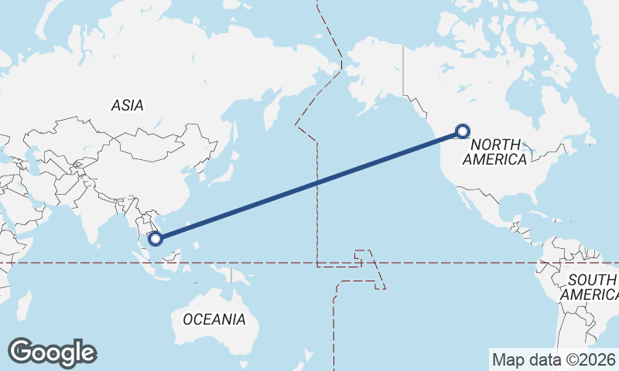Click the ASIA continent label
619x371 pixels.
(x=128, y=106)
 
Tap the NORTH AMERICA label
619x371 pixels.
(x=494, y=151)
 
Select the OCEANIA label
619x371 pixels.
(x=214, y=319)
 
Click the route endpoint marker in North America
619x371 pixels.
(x=463, y=131)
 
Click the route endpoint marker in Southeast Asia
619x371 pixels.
(x=156, y=238)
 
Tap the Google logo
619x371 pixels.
(x=52, y=352)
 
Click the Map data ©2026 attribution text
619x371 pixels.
(x=553, y=359)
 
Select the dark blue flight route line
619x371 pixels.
(x=309, y=185)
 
